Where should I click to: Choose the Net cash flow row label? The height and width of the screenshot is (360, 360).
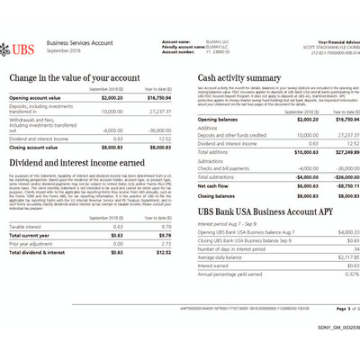pos(213,185)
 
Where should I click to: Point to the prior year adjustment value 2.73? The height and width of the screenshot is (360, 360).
pos(164,243)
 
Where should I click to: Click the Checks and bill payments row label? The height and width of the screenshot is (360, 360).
pos(224,168)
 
